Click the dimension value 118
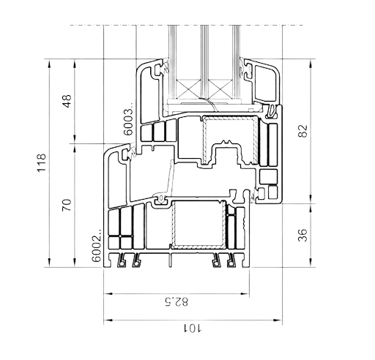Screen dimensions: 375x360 point(42,162)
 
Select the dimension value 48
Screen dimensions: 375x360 point(67,101)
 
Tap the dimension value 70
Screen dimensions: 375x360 point(67,205)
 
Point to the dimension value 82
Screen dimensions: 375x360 point(303,131)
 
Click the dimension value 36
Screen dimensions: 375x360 point(302,235)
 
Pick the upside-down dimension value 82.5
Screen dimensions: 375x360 point(177,301)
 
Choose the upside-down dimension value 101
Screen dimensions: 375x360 point(193,328)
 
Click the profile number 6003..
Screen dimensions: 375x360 point(128,119)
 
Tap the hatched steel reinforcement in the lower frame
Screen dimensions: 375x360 point(198,247)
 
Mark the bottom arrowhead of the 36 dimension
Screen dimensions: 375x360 point(311,262)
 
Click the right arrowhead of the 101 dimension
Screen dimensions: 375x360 point(277,320)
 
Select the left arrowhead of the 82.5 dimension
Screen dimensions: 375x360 point(109,293)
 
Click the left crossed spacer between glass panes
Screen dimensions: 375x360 point(188,89)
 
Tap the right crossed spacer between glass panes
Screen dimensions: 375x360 point(220,89)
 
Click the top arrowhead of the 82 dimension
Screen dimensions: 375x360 point(311,64)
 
